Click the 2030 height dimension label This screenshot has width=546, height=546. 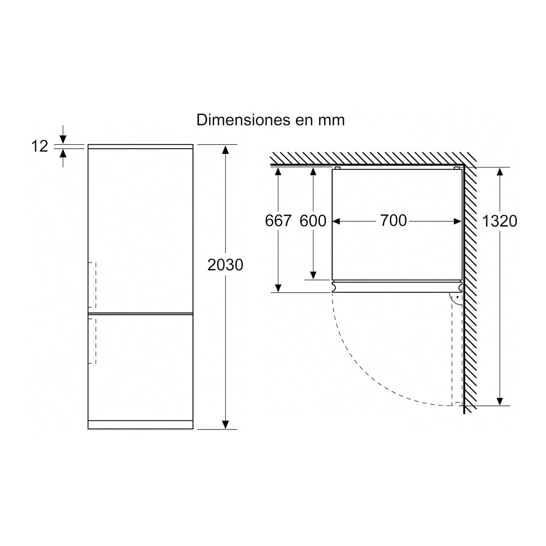pos(225,265)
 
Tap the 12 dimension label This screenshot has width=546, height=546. pos(40,147)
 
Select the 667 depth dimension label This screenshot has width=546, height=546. pos(278,221)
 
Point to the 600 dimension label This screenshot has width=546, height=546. pos(313,221)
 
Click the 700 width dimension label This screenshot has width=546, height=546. pos(393,221)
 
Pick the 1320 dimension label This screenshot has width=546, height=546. pos(500,221)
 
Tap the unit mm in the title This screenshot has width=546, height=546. pos(333,121)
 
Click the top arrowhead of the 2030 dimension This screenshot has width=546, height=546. pos(225,150)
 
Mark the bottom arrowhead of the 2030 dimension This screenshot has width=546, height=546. pos(225,424)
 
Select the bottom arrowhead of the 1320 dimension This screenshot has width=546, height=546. pos(500,400)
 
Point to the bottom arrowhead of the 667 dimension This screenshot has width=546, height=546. pos(278,288)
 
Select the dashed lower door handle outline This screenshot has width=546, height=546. pos(92,340)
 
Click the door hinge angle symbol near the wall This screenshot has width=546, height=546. pos(455,298)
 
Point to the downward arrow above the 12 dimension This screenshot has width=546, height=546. pos(63,138)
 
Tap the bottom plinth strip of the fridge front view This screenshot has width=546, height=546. pos(141,425)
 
